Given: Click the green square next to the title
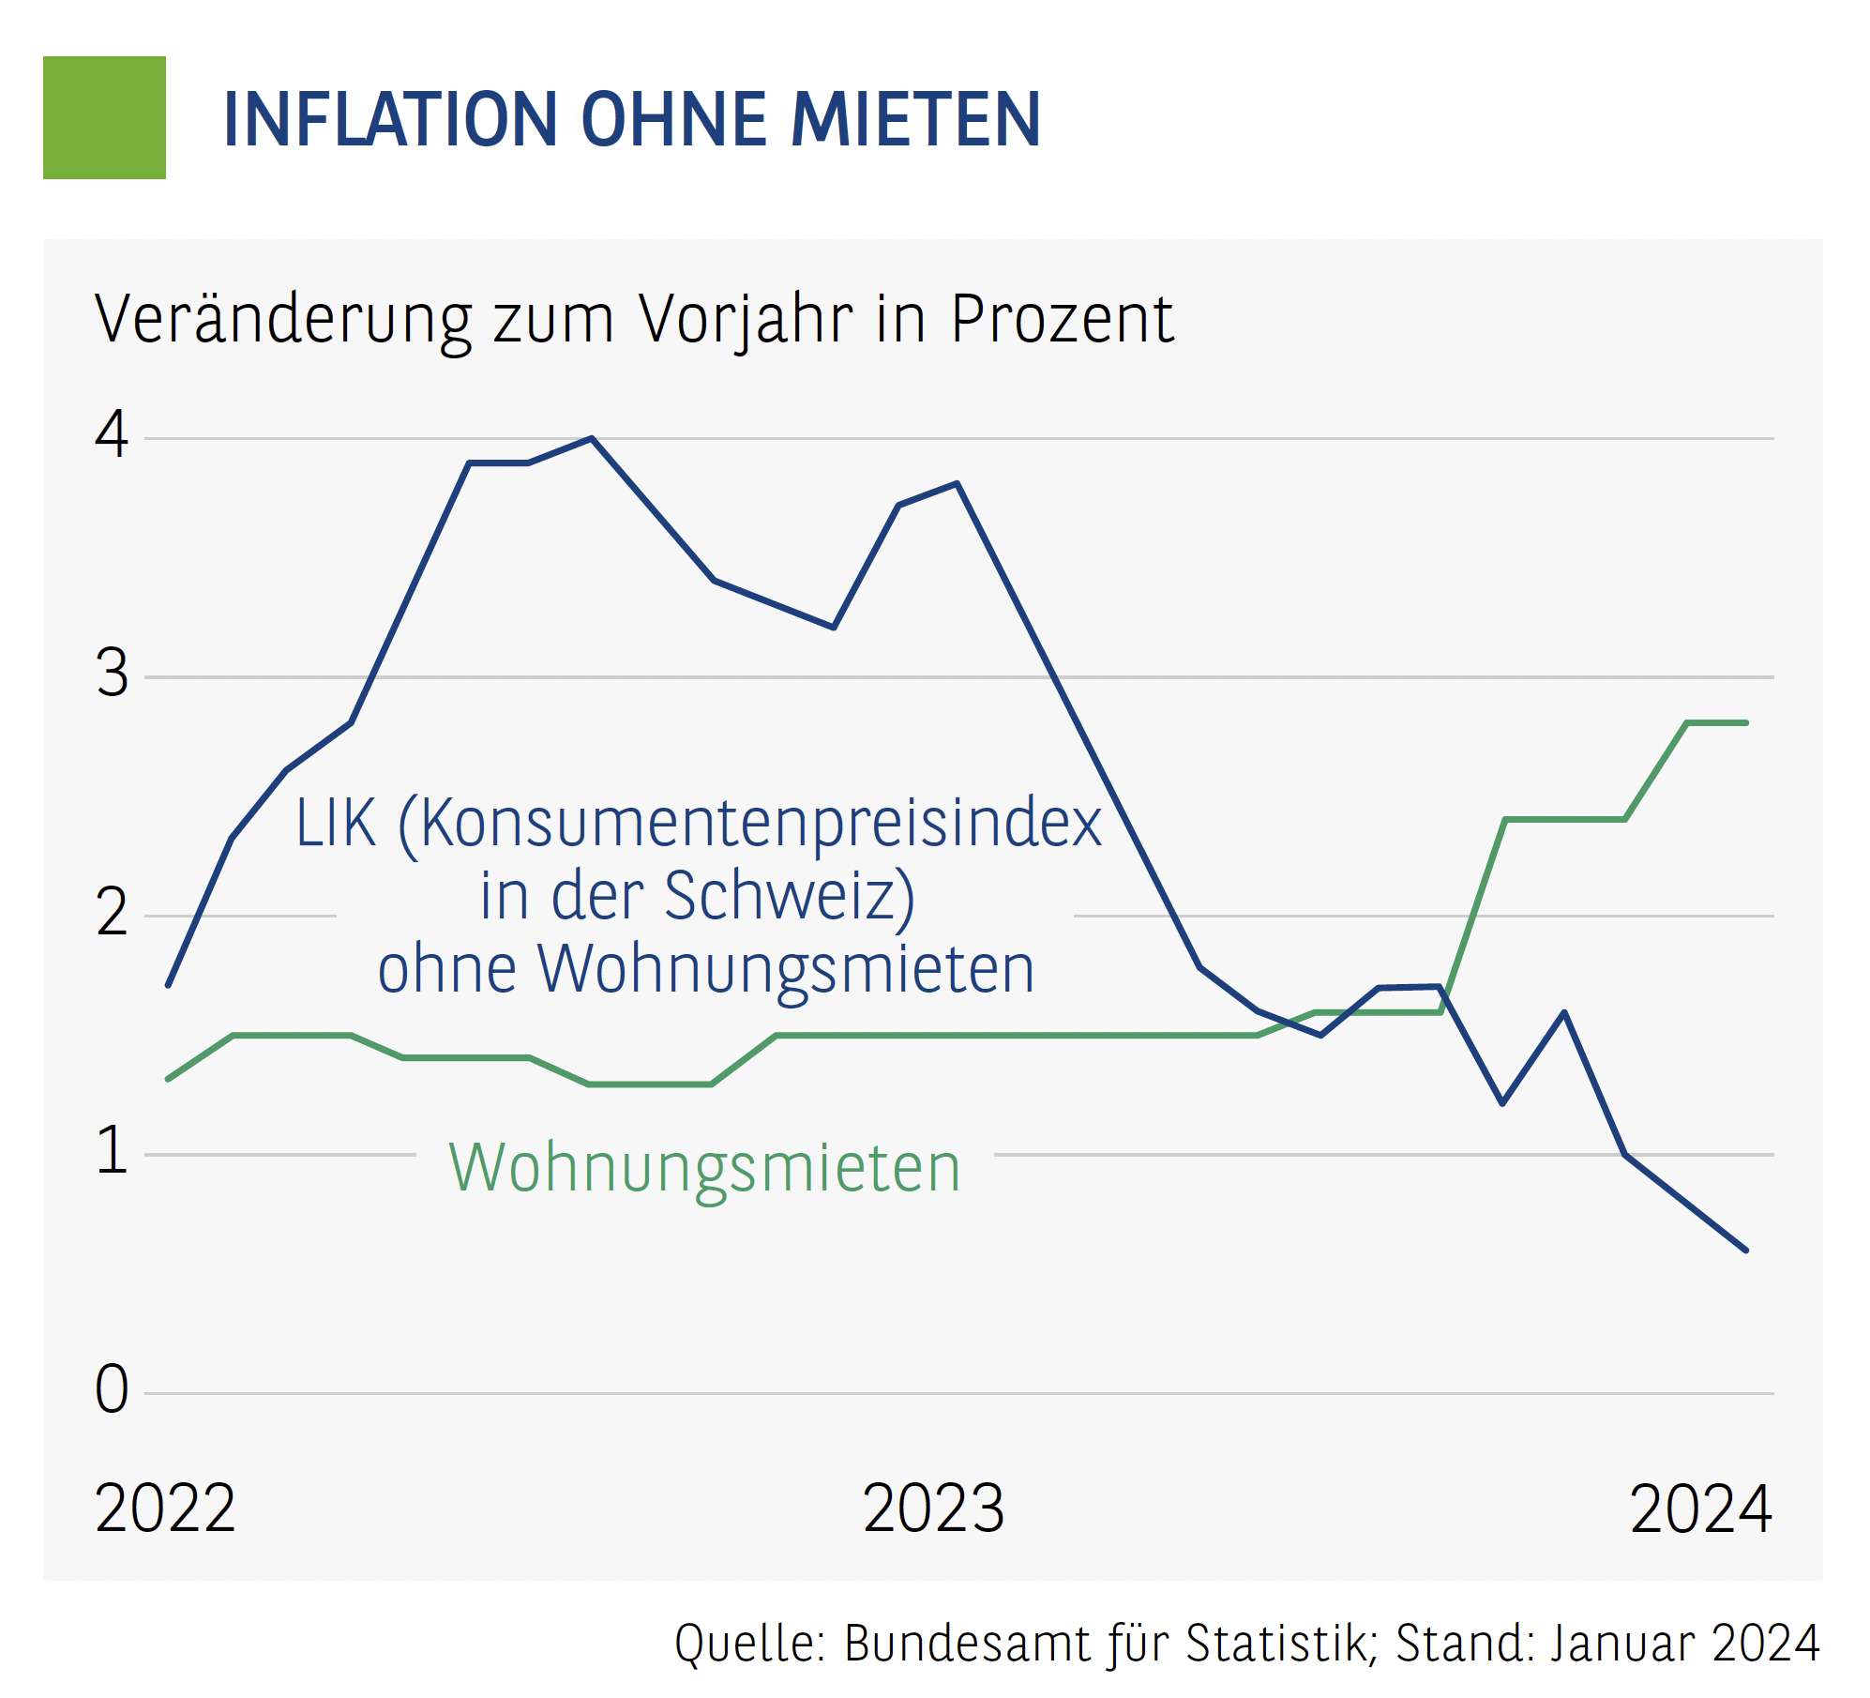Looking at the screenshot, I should coord(104,117).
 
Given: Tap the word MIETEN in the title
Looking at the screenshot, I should coord(915,120).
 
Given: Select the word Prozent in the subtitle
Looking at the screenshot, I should coord(1062,320).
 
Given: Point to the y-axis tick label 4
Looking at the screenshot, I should coord(112,435).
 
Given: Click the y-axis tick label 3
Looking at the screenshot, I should coord(112,675).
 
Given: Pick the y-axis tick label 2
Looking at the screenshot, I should coord(112,913).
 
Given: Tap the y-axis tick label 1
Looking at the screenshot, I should coord(112,1151).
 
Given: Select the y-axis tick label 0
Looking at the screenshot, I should coord(112,1389).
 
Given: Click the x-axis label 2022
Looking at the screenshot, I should coord(165,1509).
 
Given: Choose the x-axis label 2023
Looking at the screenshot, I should coord(933,1509).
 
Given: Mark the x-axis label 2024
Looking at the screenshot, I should coord(1700,1509).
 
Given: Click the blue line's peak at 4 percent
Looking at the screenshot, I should coord(591,439).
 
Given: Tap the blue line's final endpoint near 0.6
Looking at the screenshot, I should coord(1745,1250).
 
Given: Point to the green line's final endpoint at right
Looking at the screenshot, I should coord(1745,722).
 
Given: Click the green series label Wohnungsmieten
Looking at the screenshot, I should coord(705,1169).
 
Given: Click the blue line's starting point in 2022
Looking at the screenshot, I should coord(168,985).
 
